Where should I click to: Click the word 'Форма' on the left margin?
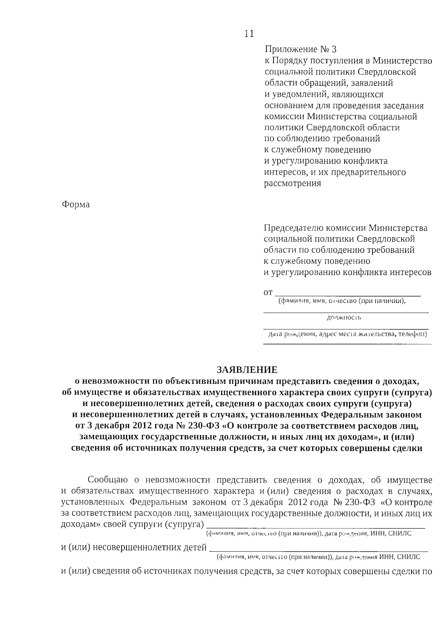pos(75,205)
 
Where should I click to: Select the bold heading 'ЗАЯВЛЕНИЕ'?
pos(247,370)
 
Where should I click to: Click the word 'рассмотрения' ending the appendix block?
pos(292,183)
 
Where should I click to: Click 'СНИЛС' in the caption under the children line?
pos(408,557)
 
